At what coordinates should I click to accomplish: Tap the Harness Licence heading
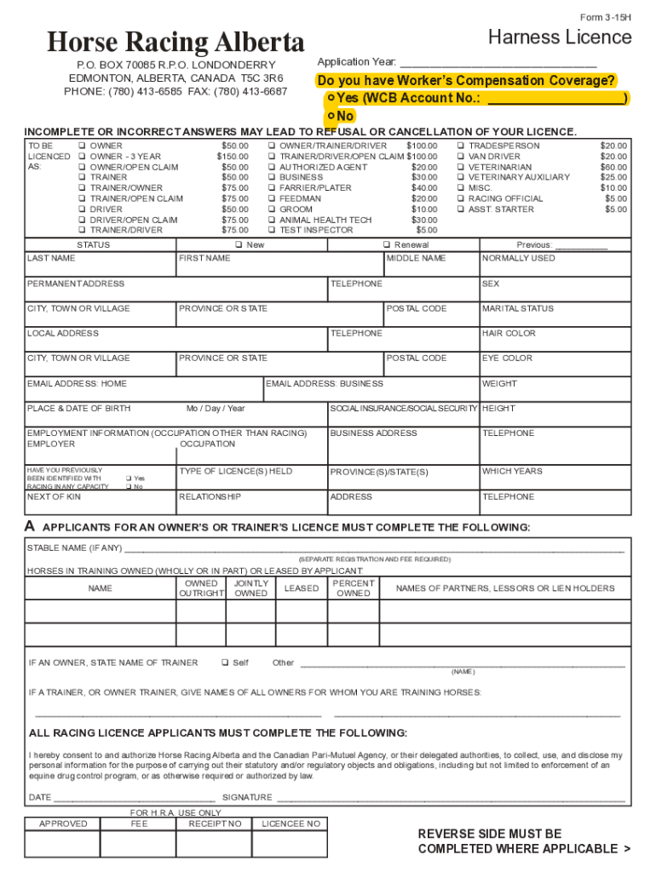(559, 37)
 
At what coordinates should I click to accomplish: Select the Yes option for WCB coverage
(330, 98)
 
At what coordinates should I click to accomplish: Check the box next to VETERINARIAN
(462, 167)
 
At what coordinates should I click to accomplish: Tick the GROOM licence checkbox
(272, 209)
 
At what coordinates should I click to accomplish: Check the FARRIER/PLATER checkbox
(272, 188)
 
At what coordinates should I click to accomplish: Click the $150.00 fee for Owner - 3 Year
(232, 157)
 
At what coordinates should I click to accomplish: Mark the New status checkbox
(239, 245)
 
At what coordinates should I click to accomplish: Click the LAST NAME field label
(51, 258)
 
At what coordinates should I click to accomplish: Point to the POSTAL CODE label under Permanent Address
(417, 308)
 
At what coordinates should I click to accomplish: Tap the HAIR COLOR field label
(509, 334)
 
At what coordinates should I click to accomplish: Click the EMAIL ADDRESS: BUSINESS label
(325, 384)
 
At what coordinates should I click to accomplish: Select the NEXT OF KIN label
(54, 496)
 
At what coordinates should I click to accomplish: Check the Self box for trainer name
(225, 663)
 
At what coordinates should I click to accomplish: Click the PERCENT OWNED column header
(354, 588)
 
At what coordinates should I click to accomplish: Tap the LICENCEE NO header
(291, 823)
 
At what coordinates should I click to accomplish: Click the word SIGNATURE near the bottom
(247, 798)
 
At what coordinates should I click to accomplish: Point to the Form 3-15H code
(606, 17)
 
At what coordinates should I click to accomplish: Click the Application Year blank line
(498, 64)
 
